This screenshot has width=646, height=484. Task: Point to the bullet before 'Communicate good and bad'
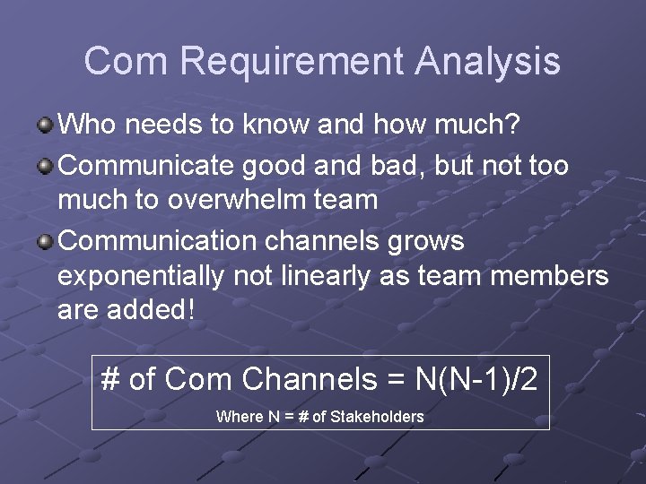tap(45, 166)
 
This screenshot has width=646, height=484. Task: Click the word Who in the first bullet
tap(88, 125)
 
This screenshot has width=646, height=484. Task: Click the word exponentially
tap(141, 277)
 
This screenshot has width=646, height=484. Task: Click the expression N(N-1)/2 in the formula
tap(476, 379)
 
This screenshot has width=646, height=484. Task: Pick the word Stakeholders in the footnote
tap(377, 417)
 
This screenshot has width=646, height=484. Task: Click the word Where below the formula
tap(239, 417)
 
